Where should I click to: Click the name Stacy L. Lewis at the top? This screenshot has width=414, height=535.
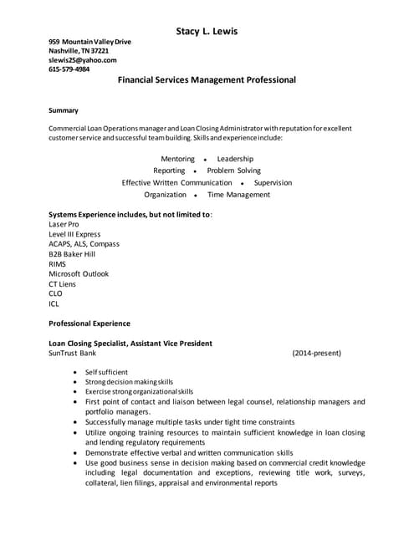point(207,32)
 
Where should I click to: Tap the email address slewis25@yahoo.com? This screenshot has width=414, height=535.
point(83,60)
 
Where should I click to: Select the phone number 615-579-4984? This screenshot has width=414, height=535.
point(69,70)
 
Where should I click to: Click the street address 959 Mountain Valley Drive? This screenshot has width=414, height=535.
point(89,42)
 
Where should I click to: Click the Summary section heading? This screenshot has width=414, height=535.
point(64,110)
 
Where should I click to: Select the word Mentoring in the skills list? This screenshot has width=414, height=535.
point(177,159)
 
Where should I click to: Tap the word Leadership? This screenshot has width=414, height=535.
point(234,159)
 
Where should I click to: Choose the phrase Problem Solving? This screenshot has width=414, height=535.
point(233,171)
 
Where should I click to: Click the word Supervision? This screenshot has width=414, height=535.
point(273,182)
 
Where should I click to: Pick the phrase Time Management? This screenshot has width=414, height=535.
point(238,195)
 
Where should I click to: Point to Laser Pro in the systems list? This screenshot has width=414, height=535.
point(64,225)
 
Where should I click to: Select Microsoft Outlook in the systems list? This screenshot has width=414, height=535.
point(79,273)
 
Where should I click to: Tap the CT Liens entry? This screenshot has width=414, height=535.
point(63,284)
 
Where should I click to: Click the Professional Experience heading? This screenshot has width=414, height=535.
point(89,324)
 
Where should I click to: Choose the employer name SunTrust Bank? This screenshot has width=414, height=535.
point(73,354)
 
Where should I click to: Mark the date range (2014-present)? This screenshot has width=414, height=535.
point(316,354)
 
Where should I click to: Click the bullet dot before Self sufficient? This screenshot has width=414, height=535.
point(76,371)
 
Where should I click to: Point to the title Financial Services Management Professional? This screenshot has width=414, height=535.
point(207,81)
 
